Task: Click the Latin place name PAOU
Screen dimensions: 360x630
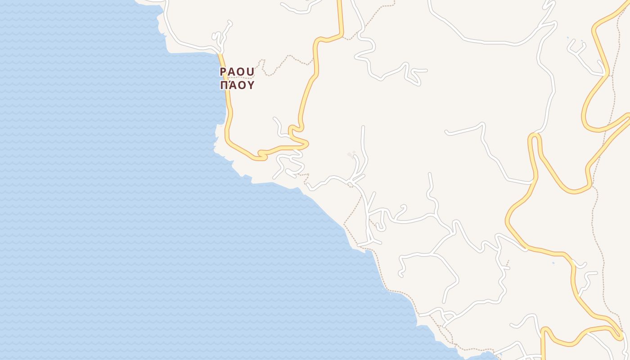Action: click(x=237, y=72)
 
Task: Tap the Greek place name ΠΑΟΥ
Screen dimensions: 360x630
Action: click(x=237, y=85)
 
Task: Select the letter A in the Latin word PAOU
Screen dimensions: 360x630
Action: click(x=232, y=72)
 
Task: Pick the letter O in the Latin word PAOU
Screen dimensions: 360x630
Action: click(x=241, y=72)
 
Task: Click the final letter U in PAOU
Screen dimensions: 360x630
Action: click(x=251, y=72)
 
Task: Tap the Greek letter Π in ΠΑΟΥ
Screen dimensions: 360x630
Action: click(x=224, y=85)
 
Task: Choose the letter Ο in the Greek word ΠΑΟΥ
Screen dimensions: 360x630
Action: click(x=241, y=85)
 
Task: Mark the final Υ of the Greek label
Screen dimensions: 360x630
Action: click(x=251, y=85)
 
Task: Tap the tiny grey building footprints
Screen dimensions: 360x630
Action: click(x=351, y=154)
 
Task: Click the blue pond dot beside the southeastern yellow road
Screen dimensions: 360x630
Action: click(x=553, y=262)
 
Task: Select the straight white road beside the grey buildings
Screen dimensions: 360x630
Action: click(x=363, y=139)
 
